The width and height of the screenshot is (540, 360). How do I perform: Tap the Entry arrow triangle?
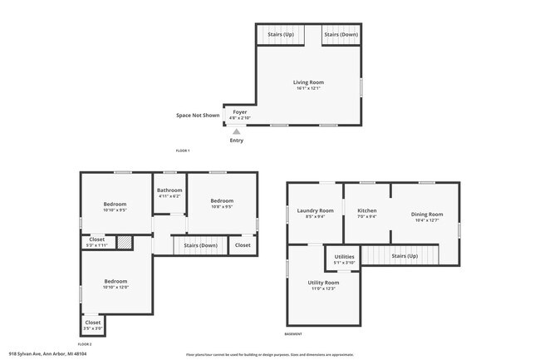[x=237, y=131]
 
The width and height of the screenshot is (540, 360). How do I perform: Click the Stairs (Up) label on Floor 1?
[x=280, y=35]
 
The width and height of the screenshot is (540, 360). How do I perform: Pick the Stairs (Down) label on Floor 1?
[x=341, y=35]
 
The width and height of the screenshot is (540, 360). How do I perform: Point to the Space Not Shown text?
[x=198, y=116]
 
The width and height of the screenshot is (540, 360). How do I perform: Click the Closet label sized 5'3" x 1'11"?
[x=97, y=242]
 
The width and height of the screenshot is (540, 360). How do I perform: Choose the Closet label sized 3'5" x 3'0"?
[x=93, y=324]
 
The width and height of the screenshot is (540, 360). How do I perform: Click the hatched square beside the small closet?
[x=124, y=242]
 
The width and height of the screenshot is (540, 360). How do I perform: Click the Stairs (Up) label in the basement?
[x=405, y=256]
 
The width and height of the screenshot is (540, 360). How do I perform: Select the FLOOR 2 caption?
[x=85, y=343]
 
